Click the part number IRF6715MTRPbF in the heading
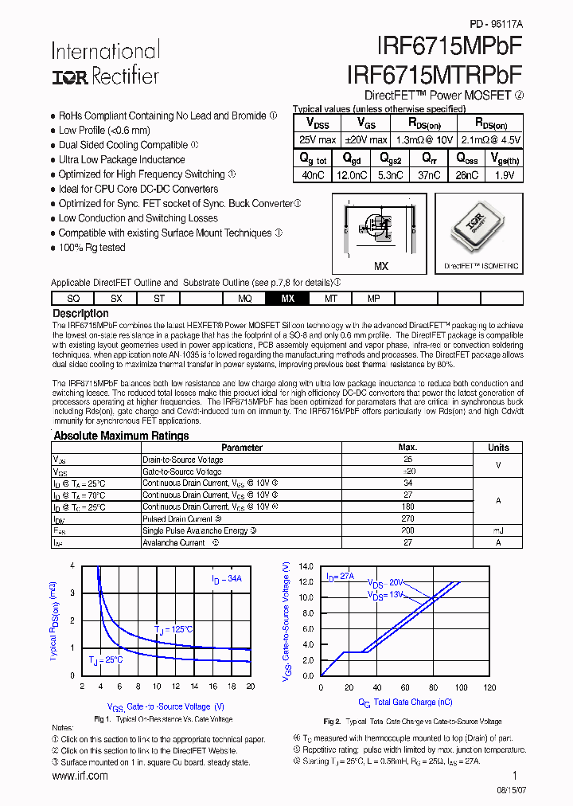435,74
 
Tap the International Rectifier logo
105,64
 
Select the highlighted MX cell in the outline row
288,299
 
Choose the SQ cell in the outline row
73,299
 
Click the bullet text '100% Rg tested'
92,248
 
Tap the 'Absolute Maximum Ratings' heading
121,436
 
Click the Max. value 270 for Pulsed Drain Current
407,518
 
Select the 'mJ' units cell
498,530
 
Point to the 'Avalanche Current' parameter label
173,542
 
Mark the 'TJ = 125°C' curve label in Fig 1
174,629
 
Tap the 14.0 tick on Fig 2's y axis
306,566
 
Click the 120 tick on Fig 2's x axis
489,687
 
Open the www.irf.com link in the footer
80,776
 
